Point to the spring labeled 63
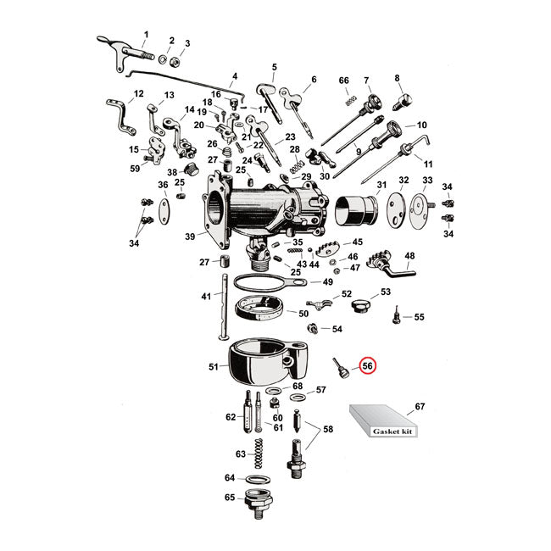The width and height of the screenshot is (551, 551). click(264, 455)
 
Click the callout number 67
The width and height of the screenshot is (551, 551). click(418, 408)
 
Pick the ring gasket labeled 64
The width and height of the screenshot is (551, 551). click(255, 479)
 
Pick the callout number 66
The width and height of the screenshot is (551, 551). click(343, 81)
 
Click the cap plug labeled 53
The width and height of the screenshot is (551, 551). click(363, 302)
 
